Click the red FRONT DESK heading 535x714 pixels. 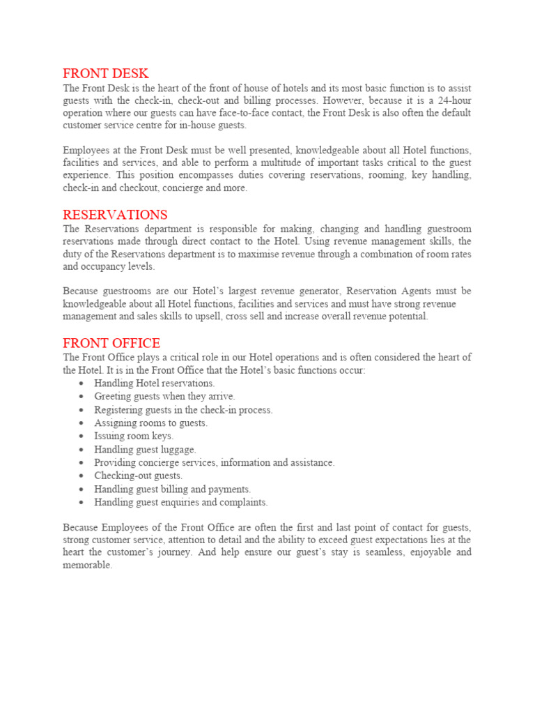pyautogui.click(x=105, y=74)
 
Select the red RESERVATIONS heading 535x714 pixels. pyautogui.click(x=115, y=215)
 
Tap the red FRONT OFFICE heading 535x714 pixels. pyautogui.click(x=111, y=343)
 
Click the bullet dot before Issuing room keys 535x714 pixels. pyautogui.click(x=82, y=436)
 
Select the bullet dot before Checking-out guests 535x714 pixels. pyautogui.click(x=82, y=476)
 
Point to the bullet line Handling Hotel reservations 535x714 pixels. pyautogui.click(x=155, y=383)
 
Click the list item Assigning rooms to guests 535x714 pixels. pyautogui.click(x=151, y=423)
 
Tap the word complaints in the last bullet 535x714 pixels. pyautogui.click(x=244, y=502)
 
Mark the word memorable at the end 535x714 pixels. pyautogui.click(x=86, y=565)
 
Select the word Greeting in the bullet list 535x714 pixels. pyautogui.click(x=114, y=397)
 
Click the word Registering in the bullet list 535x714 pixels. pyautogui.click(x=118, y=410)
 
